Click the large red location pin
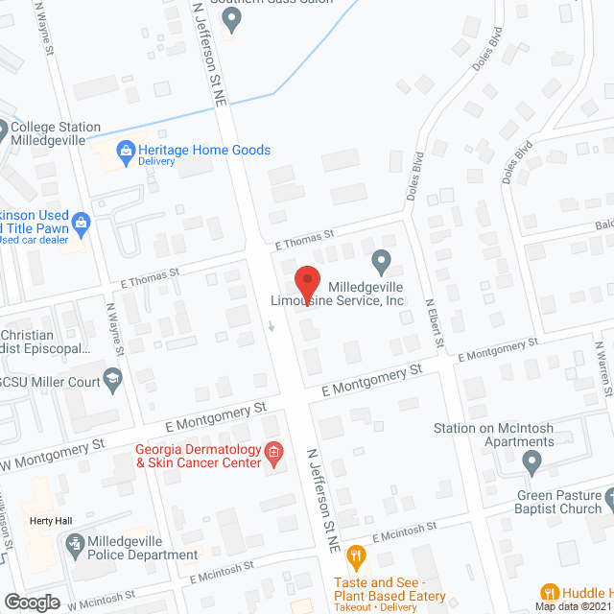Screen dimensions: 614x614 click(x=306, y=282)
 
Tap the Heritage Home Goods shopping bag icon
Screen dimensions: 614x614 click(x=125, y=150)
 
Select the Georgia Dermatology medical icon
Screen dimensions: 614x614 click(x=274, y=451)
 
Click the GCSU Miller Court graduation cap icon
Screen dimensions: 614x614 click(x=113, y=382)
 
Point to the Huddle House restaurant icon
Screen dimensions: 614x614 click(x=550, y=592)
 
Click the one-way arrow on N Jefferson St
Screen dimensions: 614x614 click(x=272, y=326)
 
